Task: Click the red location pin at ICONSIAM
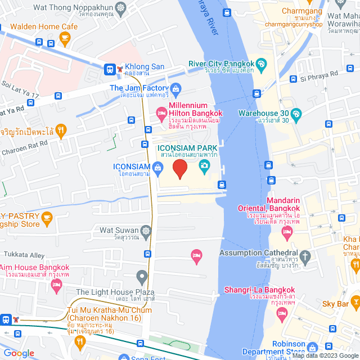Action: [179, 169]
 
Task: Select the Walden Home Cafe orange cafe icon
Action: [64, 38]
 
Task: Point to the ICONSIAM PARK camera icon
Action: [203, 165]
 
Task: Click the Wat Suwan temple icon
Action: [146, 231]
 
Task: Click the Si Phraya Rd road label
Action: [318, 74]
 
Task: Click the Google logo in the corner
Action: [18, 353]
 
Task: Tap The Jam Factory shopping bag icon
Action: [176, 88]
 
